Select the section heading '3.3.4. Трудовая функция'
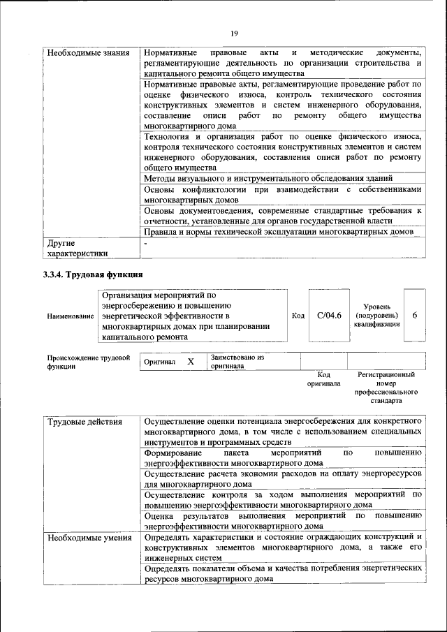[93, 274]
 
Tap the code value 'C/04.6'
[328, 316]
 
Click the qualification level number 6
[415, 316]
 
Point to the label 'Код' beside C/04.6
[298, 316]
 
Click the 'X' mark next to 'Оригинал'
[190, 362]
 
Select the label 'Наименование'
[71, 316]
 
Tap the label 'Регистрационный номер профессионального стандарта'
[386, 388]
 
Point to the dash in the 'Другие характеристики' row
[145, 244]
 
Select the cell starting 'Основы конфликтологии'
[282, 195]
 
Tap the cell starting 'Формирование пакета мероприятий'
[282, 457]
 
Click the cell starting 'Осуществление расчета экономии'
[282, 480]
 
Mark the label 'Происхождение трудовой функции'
[89, 362]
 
